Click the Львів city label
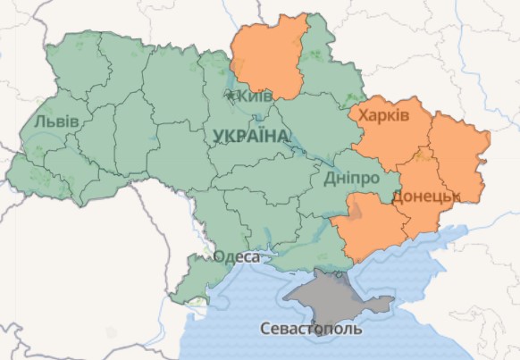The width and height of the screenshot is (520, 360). point(57,121)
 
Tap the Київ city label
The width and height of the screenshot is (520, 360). point(255,96)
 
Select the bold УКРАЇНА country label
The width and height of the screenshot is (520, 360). point(251,136)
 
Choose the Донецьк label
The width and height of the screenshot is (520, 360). point(424,195)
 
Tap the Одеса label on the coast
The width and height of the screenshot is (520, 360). point(237,257)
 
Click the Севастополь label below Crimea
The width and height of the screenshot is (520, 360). point(311,329)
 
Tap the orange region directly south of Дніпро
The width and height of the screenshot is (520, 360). point(366,228)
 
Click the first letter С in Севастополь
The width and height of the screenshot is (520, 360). point(265,329)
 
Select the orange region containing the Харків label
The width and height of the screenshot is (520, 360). point(393,134)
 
